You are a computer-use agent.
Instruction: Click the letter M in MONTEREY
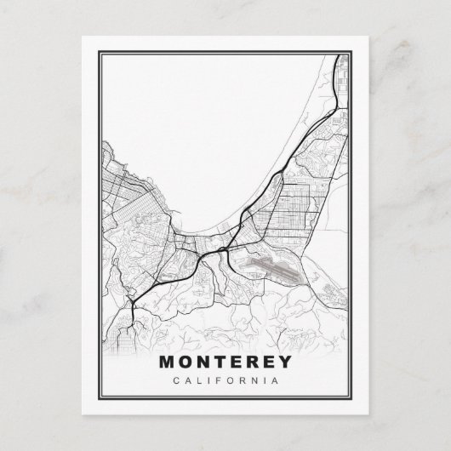click(x=168, y=362)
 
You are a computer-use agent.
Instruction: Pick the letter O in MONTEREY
click(x=186, y=362)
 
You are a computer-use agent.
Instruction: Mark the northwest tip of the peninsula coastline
click(x=104, y=143)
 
